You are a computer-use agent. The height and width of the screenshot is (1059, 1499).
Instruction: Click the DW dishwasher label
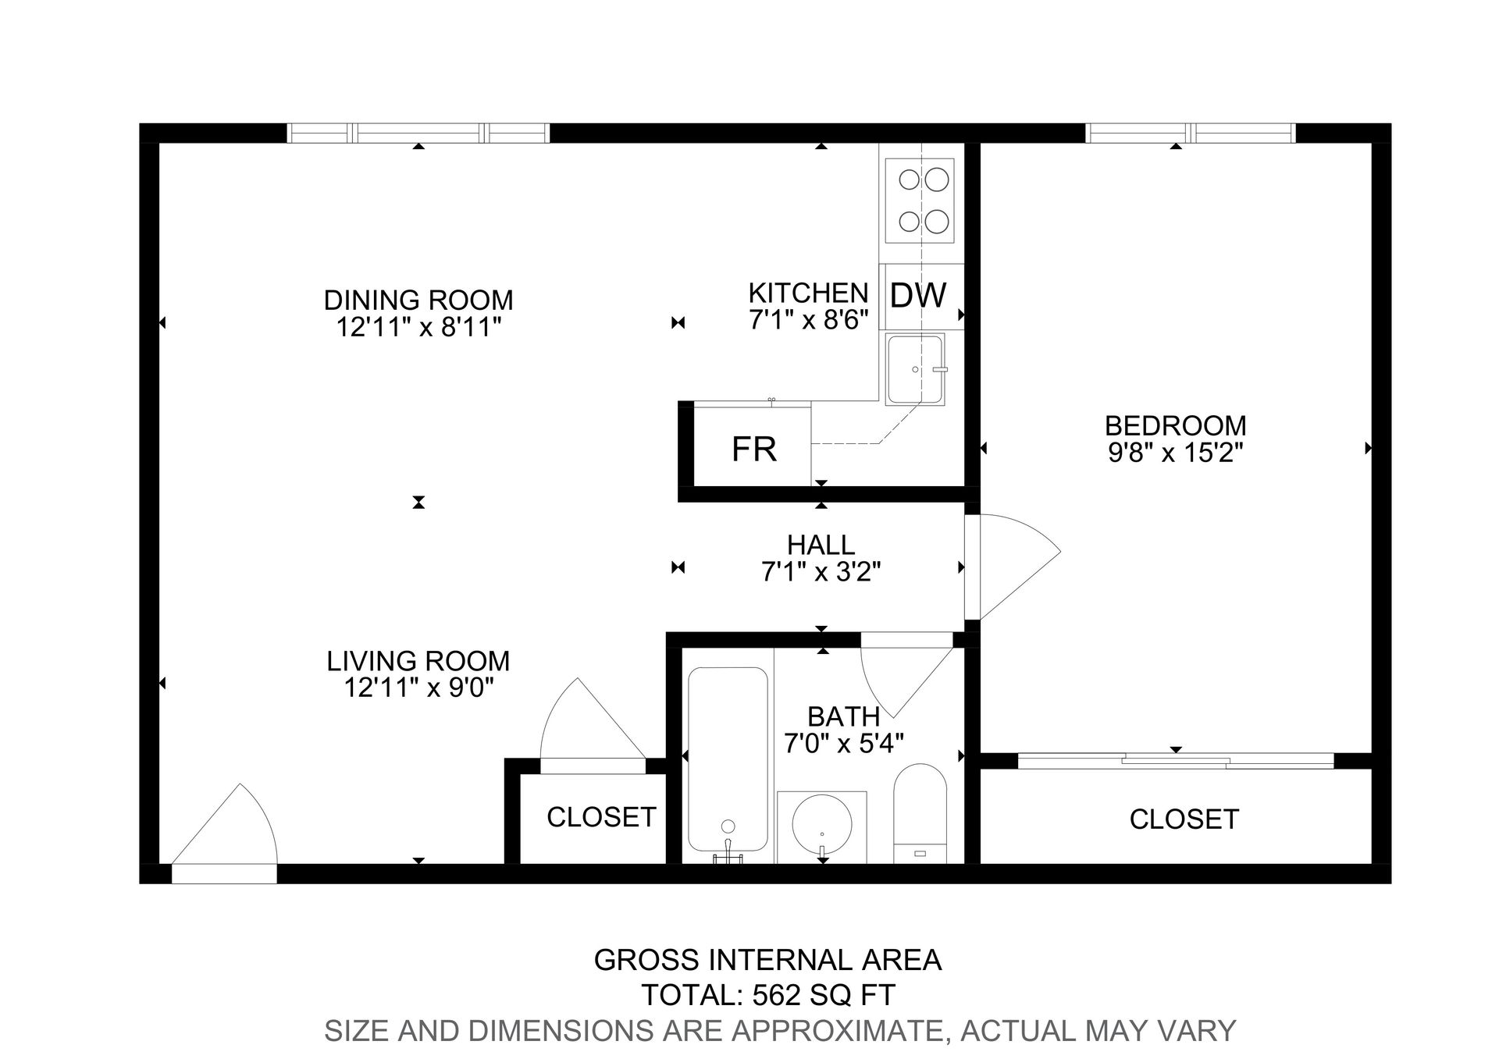click(918, 296)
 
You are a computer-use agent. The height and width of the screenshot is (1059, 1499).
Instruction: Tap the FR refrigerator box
click(753, 448)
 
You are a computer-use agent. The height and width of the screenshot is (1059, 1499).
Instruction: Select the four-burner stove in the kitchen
click(919, 201)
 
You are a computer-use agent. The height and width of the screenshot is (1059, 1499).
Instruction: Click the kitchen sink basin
click(915, 368)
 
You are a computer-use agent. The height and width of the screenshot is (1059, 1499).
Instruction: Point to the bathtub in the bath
click(727, 759)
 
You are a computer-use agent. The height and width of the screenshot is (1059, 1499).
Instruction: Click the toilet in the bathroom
click(920, 812)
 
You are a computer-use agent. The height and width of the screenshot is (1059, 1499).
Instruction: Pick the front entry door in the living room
click(226, 835)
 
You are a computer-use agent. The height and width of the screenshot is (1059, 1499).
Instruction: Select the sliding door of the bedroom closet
click(1176, 761)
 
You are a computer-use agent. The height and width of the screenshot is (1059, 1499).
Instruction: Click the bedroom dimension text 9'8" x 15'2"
click(1175, 452)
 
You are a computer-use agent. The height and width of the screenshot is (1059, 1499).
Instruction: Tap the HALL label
click(821, 544)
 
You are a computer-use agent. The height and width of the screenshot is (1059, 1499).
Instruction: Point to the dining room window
click(418, 133)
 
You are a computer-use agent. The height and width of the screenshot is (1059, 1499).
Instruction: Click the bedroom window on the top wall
click(1191, 133)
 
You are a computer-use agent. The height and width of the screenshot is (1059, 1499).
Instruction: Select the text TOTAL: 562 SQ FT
click(767, 995)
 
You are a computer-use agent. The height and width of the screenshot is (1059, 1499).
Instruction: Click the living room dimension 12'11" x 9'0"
click(418, 688)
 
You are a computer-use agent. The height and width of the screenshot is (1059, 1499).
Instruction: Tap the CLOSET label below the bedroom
click(1184, 819)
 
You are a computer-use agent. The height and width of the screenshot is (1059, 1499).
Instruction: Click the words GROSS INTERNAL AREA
click(767, 960)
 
